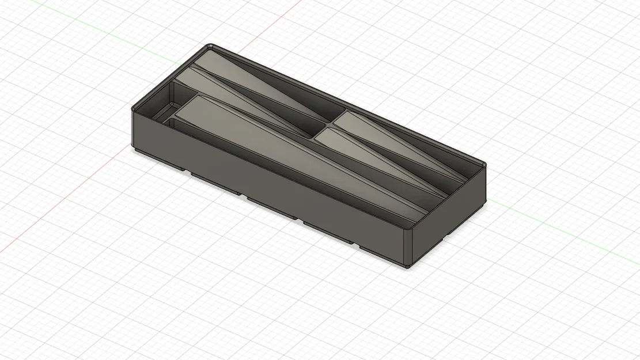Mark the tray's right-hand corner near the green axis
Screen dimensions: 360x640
(x=484, y=166)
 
